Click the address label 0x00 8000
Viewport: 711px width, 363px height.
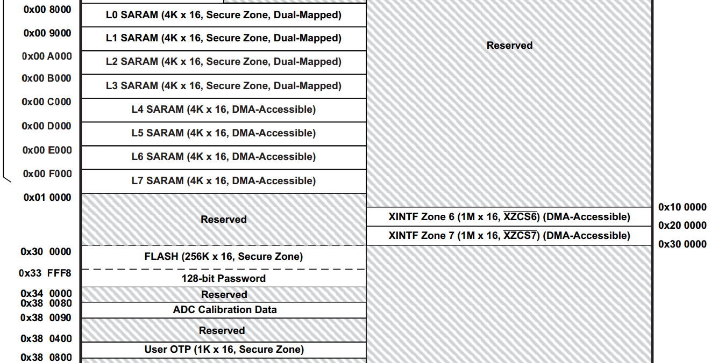click(x=47, y=10)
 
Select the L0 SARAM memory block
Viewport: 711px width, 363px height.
click(x=224, y=15)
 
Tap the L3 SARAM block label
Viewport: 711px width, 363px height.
click(x=224, y=85)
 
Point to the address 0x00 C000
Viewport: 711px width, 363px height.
click(x=46, y=102)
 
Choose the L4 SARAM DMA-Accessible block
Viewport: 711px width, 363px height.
click(x=224, y=110)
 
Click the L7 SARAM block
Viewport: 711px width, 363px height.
click(x=224, y=181)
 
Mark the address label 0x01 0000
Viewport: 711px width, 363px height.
click(x=47, y=198)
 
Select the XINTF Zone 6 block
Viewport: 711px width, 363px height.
click(x=509, y=217)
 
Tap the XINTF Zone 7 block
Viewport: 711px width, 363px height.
click(x=509, y=236)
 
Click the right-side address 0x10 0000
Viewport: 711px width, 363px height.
click(x=682, y=207)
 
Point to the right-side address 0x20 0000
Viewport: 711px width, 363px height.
click(x=682, y=226)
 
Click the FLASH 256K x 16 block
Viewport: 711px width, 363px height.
click(x=224, y=257)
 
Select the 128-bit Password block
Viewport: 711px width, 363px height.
click(x=224, y=278)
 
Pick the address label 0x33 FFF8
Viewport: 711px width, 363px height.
click(x=45, y=273)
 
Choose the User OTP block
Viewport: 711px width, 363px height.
click(x=224, y=350)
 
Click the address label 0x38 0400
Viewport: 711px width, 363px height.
click(x=46, y=339)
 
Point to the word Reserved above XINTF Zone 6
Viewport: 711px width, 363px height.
click(x=509, y=45)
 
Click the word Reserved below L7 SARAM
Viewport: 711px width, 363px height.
click(x=223, y=220)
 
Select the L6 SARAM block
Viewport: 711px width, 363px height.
click(x=224, y=157)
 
